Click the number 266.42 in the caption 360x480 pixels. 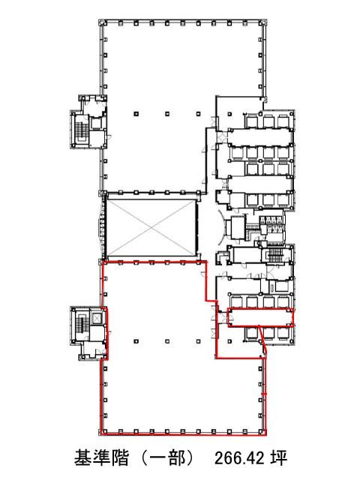pos(240,458)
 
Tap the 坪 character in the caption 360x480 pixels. pos(278,458)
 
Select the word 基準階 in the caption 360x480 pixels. pos(101,458)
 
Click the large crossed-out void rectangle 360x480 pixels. pos(151,228)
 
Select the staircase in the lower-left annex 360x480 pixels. pos(81,325)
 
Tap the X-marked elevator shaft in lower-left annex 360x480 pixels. pos(97,318)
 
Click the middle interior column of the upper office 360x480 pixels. pos(167,114)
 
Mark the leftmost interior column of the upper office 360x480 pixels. pos(136,114)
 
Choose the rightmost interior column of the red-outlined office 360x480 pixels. pos(199,341)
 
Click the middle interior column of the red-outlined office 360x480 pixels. pos(167,341)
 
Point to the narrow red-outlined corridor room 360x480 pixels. pos(261,317)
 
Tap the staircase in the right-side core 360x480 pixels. pos(274,255)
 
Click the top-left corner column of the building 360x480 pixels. pos(102,23)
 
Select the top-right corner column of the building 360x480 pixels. pos(263,23)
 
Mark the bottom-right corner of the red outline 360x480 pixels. pos(265,434)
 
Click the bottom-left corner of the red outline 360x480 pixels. pos(101,434)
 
